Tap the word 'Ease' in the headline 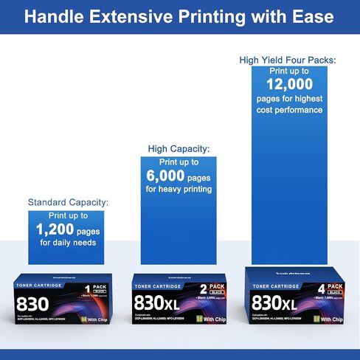pyautogui.click(x=311, y=16)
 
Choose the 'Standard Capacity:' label pyautogui.click(x=68, y=201)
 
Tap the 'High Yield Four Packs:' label pyautogui.click(x=287, y=59)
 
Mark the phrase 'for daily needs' pyautogui.click(x=68, y=243)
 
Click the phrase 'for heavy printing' pyautogui.click(x=180, y=190)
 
